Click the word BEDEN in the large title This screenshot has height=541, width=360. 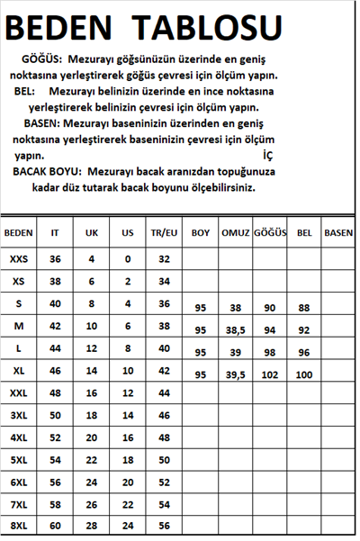[x=71, y=26]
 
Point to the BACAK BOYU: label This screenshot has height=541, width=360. [x=48, y=171]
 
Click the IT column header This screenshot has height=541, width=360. [x=56, y=232]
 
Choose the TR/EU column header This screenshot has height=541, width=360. [x=164, y=232]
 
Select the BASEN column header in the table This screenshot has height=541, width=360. [x=338, y=232]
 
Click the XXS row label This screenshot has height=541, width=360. [x=19, y=258]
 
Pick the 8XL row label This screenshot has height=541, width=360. [x=19, y=525]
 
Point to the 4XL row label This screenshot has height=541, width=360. [x=19, y=437]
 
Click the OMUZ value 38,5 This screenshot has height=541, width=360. [x=235, y=330]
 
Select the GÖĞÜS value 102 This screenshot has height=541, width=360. [x=270, y=374]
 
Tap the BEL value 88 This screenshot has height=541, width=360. [x=304, y=308]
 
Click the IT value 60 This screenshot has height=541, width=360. [x=56, y=525]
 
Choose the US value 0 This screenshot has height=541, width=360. [x=128, y=258]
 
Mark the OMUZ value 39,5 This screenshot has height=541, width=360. [x=235, y=374]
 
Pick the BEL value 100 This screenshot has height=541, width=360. [x=304, y=374]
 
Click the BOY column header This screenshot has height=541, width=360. [x=201, y=232]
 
